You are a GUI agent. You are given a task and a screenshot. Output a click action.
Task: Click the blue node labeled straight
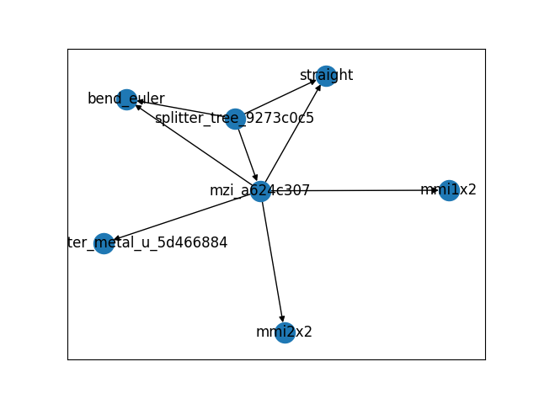pos(326,76)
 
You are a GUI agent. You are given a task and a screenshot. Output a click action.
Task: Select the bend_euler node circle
pos(126,99)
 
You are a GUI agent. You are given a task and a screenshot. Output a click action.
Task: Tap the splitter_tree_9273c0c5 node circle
pos(235,119)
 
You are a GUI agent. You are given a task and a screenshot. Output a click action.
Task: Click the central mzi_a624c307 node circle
pos(260,191)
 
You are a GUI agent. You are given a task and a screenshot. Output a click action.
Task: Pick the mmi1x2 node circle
pos(449,190)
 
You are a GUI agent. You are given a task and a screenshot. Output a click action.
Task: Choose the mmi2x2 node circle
pos(285,332)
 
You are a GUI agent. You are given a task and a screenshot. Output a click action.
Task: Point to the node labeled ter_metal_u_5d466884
pos(104,244)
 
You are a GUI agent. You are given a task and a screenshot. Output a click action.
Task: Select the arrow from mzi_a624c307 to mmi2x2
pos(272,261)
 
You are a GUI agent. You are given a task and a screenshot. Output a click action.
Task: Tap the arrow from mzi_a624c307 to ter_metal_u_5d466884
pos(181,218)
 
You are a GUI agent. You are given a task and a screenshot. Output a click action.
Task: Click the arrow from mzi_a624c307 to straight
pos(292,135)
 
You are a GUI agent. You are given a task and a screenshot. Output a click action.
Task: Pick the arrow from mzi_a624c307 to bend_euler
pos(194,146)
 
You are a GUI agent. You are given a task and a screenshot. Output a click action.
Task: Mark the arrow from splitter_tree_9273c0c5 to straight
pos(280,98)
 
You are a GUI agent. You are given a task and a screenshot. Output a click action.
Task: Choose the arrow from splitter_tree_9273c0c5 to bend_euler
pos(181,109)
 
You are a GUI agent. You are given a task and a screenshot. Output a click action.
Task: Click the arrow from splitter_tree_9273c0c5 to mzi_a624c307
pos(248,155)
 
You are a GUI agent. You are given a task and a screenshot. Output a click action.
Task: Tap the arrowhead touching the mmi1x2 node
pos(435,190)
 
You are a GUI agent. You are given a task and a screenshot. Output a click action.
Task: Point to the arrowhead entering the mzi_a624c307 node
pos(255,178)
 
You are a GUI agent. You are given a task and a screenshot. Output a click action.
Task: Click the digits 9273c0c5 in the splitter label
pos(284,119)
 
